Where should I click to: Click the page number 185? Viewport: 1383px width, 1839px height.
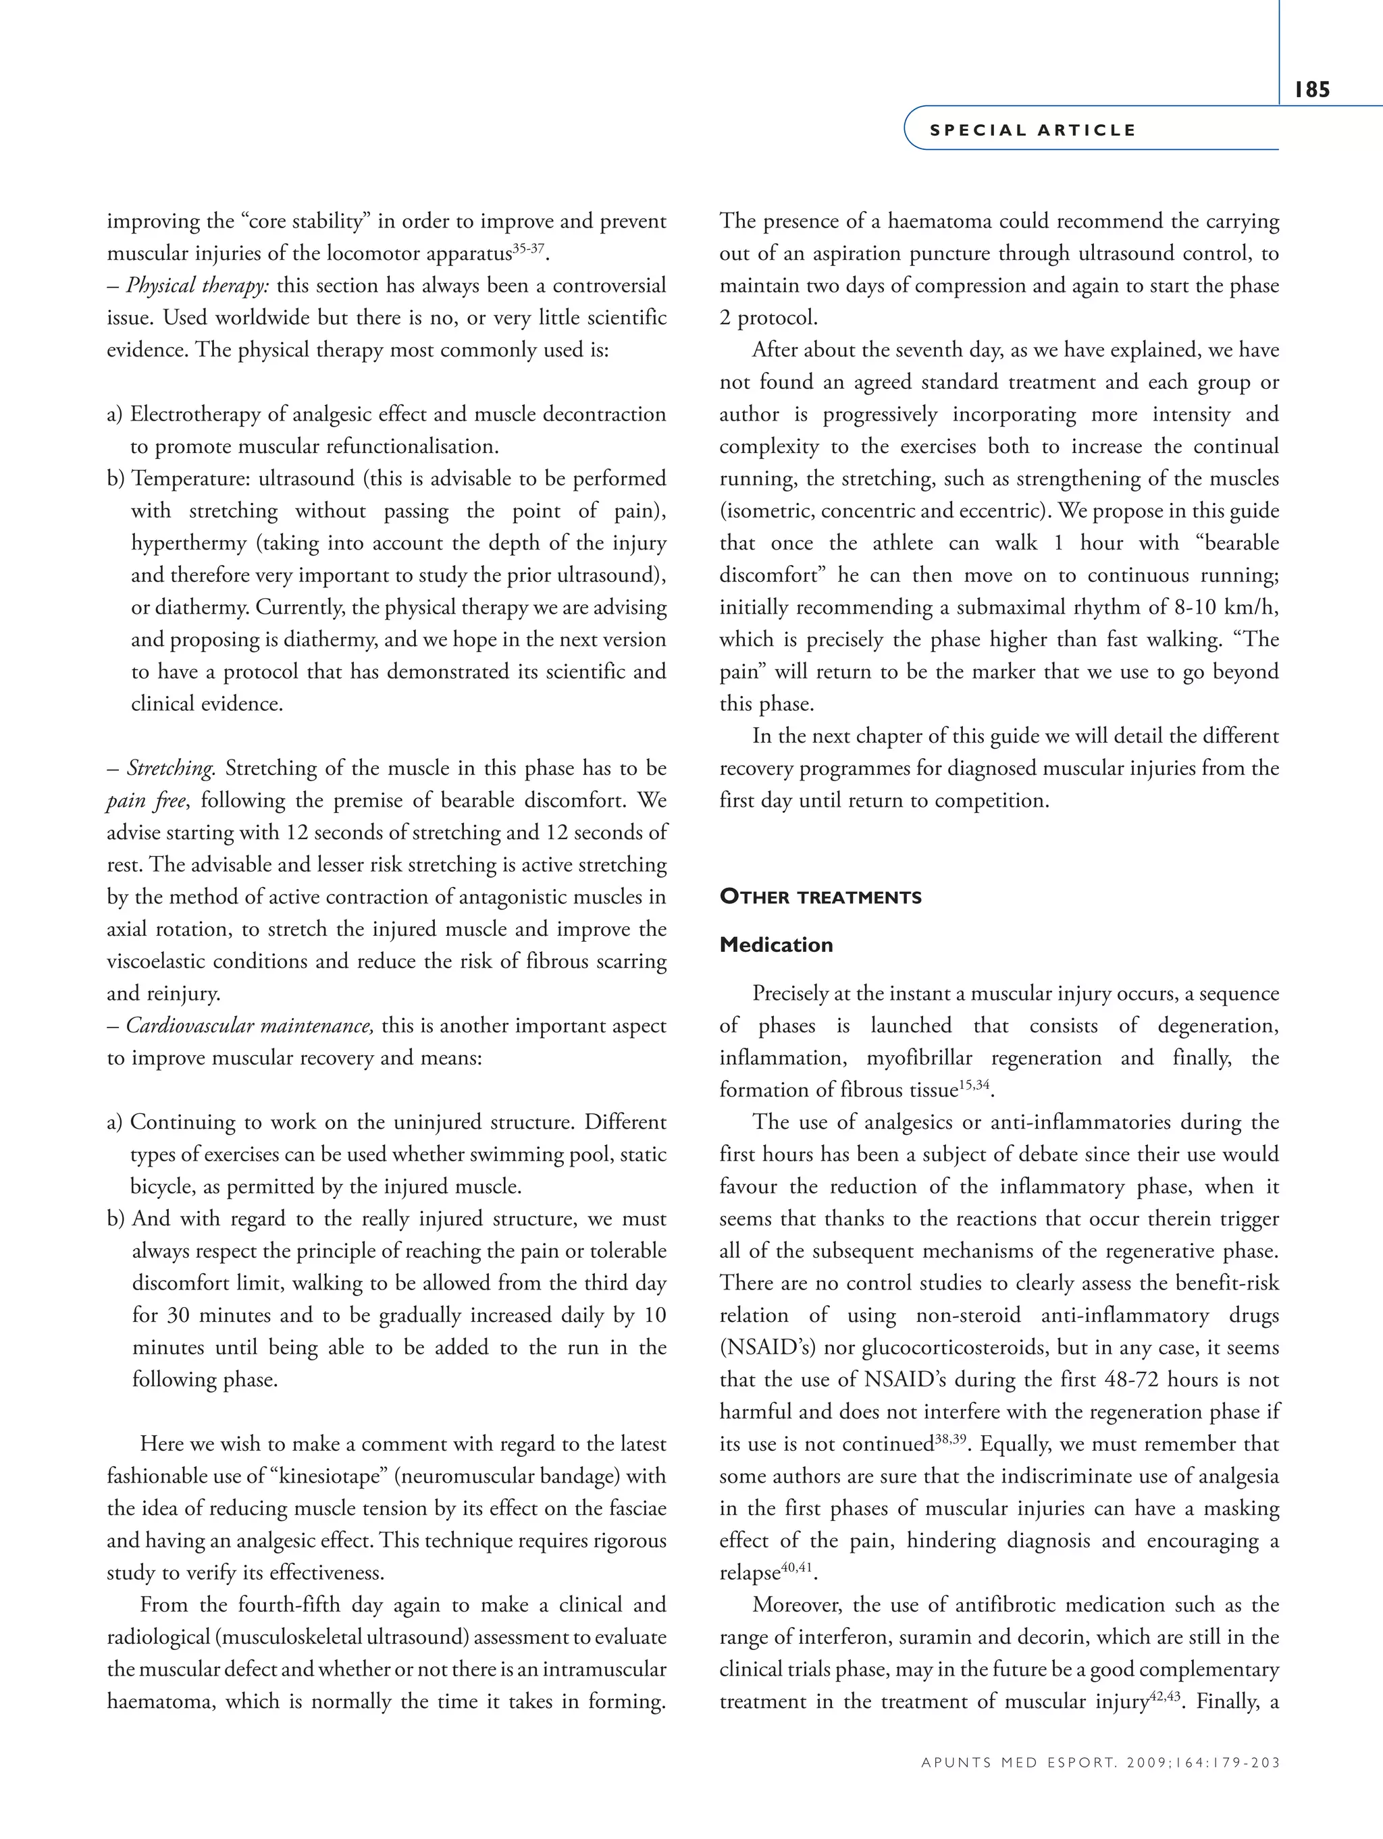tap(1311, 89)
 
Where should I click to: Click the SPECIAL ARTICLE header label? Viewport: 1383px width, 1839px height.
tap(1032, 130)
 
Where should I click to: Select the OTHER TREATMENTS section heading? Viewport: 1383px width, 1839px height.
tap(820, 897)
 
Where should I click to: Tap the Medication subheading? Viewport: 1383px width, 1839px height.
tap(776, 944)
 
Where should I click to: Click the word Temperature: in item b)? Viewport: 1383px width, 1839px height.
tap(192, 479)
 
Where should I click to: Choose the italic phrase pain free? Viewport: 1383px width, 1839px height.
tap(147, 801)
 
